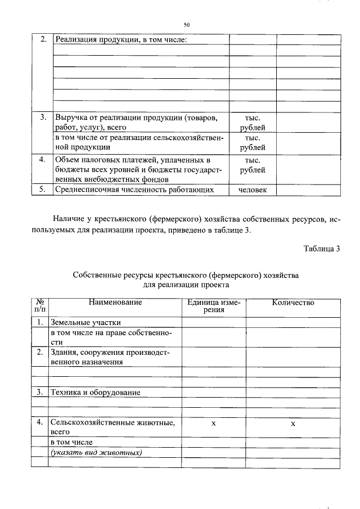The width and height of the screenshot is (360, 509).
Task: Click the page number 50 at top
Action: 187,25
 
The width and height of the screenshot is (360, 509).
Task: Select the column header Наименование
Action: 115,303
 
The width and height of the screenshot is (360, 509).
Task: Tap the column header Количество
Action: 292,303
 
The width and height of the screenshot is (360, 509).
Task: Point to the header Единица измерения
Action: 213,307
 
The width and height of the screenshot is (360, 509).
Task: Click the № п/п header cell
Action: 39,307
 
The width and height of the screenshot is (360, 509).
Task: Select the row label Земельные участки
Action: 85,322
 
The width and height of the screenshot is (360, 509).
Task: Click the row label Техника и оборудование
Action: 95,392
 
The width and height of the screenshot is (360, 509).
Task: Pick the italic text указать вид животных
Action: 96,453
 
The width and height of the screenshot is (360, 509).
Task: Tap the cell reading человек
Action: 253,190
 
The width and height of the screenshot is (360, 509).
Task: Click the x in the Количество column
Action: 292,422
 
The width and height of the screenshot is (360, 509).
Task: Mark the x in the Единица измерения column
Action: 213,422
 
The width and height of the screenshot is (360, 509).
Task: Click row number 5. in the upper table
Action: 42,190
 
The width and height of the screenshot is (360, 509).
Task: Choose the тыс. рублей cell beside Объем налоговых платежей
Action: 253,164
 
